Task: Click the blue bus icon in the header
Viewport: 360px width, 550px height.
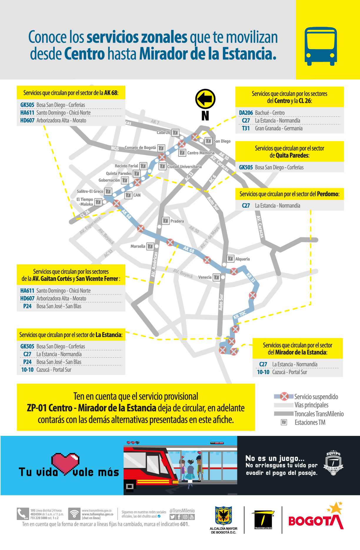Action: (320, 46)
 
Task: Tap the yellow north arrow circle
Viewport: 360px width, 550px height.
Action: (205, 99)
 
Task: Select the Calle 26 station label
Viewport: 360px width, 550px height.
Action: (163, 133)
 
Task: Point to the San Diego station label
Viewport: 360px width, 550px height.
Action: (222, 141)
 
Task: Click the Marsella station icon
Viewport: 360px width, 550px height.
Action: (150, 246)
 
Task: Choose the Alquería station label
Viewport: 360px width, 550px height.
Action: (242, 259)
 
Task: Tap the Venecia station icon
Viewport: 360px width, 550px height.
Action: (216, 277)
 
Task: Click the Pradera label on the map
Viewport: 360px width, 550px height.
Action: (177, 221)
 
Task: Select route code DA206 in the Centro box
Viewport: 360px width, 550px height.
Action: (246, 113)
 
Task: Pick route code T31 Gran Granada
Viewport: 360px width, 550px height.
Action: (246, 128)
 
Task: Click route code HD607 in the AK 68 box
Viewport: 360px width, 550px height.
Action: (27, 120)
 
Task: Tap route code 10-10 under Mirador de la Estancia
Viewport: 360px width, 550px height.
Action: (263, 372)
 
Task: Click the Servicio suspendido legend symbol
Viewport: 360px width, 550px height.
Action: (284, 396)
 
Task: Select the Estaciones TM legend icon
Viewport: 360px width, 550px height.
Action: (284, 422)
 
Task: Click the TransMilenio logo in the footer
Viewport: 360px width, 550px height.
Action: (263, 520)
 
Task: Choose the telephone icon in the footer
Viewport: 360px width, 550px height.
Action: (22, 514)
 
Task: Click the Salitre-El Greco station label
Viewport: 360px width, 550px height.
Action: (90, 191)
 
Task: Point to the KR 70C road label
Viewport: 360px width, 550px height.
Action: (239, 315)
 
